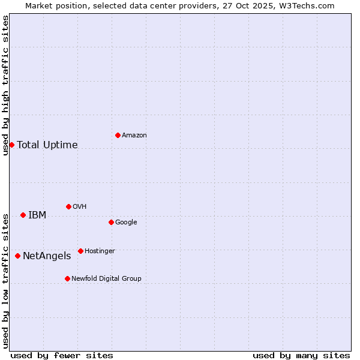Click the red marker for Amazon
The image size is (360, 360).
[x=118, y=135]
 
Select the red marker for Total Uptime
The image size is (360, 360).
[x=11, y=145]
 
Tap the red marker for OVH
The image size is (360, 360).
[x=68, y=206]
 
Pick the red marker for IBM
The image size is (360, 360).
[x=23, y=215]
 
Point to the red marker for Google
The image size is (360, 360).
[x=111, y=222]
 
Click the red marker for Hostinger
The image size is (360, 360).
[x=80, y=251]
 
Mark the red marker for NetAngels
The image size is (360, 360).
[x=17, y=256]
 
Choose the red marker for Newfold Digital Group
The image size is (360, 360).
[x=67, y=278]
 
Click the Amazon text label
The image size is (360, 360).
[x=134, y=136]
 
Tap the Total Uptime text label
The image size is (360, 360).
[x=47, y=145]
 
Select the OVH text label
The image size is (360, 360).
[x=80, y=207]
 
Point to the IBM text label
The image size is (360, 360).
[x=37, y=215]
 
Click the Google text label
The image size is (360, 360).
[x=126, y=223]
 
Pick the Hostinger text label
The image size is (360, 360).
[x=100, y=251]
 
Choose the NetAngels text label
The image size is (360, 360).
[x=47, y=256]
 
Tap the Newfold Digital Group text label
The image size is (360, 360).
[x=106, y=279]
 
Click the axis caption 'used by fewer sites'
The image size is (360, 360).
[x=62, y=355]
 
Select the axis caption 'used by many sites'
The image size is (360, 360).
[x=301, y=355]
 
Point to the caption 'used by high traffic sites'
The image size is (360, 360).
[x=5, y=85]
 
